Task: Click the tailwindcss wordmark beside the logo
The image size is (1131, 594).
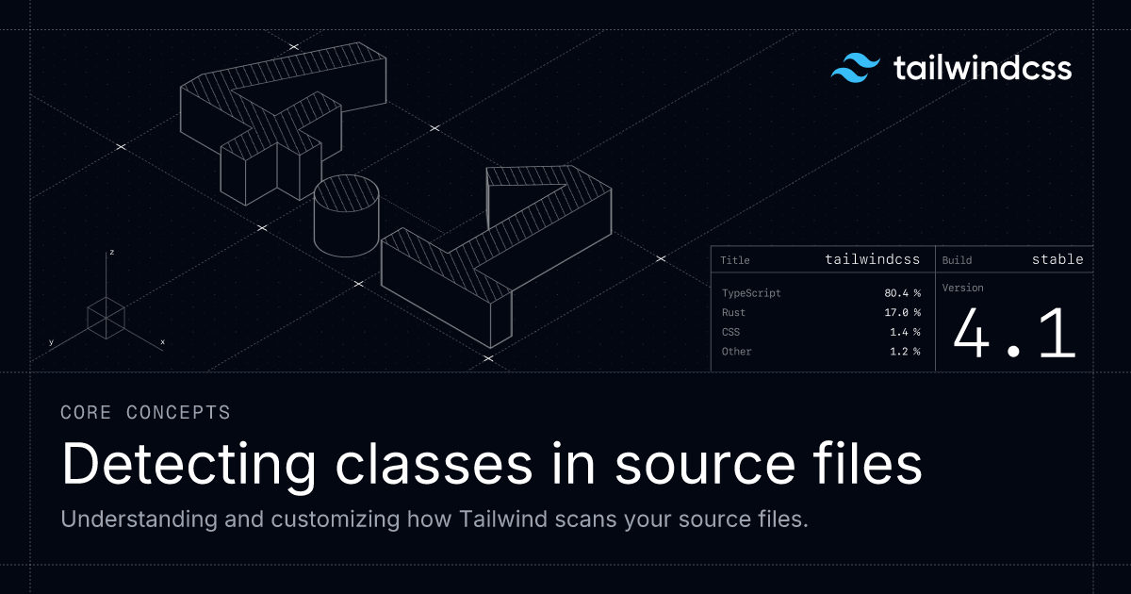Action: coord(981,69)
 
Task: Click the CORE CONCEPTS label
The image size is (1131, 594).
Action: coord(145,412)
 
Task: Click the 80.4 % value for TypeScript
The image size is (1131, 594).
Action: coord(902,293)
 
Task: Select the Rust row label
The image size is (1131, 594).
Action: coord(733,312)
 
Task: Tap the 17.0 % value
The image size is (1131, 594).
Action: coord(902,312)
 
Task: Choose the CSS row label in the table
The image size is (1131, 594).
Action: coord(730,332)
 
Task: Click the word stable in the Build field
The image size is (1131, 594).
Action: coord(1057,259)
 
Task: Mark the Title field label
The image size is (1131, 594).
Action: coord(735,260)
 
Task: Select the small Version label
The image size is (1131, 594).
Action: coord(962,288)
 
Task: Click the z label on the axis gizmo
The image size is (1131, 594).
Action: coord(111,253)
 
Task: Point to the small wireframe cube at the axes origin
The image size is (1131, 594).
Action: coord(106,318)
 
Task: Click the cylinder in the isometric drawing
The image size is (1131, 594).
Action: coord(346,215)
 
